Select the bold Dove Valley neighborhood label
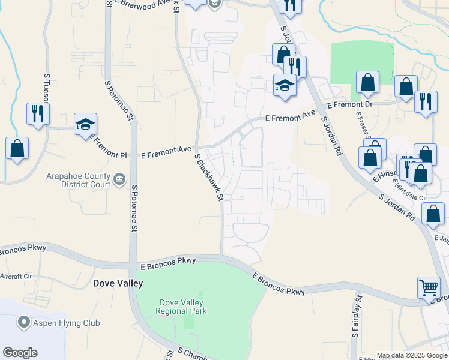118,283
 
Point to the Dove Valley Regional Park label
181,307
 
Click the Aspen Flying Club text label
66,323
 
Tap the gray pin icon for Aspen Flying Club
24,323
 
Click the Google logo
20,352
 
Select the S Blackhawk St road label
209,177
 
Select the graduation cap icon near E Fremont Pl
85,124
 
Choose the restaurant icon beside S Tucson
38,113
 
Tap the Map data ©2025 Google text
411,355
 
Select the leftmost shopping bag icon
17,148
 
